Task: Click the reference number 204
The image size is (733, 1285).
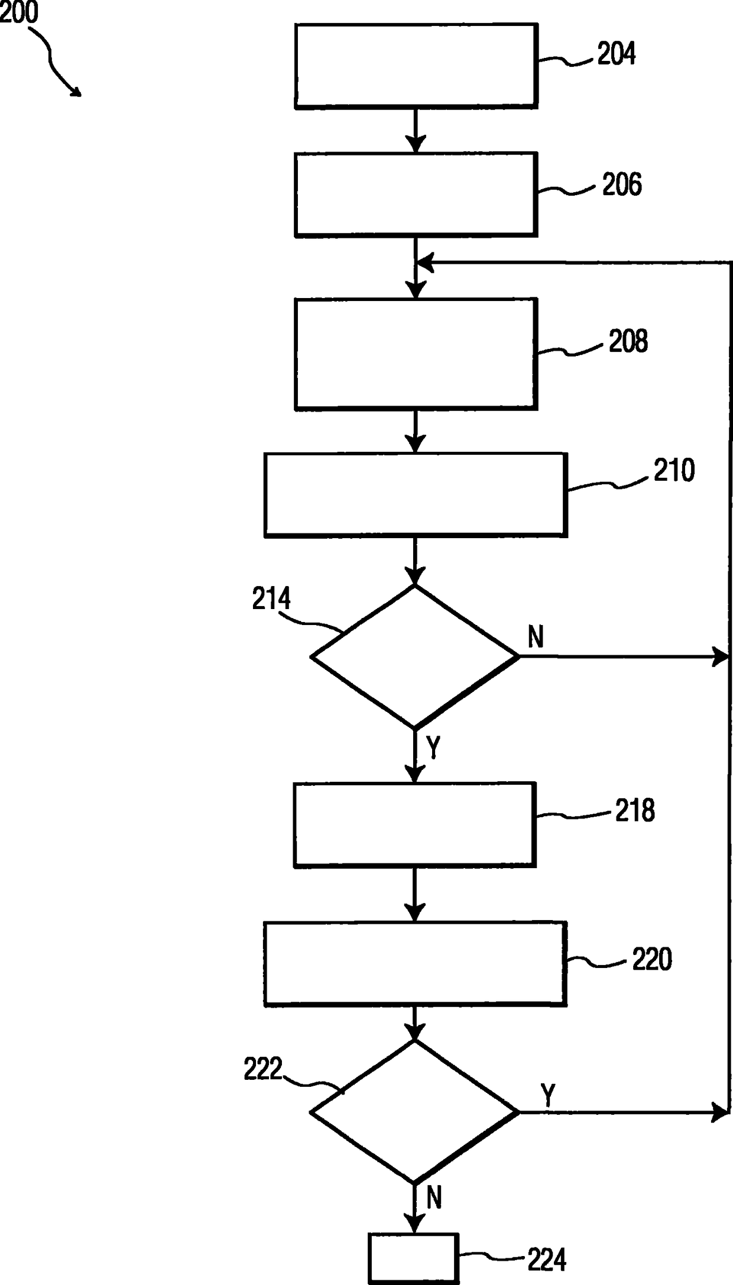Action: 616,54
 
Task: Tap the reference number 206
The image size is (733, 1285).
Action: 621,185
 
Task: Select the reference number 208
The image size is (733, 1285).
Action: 628,342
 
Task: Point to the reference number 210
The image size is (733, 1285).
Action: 673,471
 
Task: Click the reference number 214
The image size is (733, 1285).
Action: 271,599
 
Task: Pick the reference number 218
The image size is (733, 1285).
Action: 635,810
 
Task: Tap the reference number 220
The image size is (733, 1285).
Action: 652,959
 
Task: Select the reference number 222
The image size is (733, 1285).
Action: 264,1069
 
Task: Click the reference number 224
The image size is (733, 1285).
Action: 547,1260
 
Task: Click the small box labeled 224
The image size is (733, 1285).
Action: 414,1258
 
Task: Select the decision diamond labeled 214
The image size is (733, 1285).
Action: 414,656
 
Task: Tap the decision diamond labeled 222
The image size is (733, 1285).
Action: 414,1112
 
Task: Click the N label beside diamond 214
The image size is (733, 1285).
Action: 536,637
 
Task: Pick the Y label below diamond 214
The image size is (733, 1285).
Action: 433,747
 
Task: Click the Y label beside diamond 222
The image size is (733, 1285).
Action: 548,1095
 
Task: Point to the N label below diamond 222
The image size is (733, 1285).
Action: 434,1199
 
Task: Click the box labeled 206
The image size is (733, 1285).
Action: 416,195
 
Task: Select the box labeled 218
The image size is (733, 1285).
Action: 415,825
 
